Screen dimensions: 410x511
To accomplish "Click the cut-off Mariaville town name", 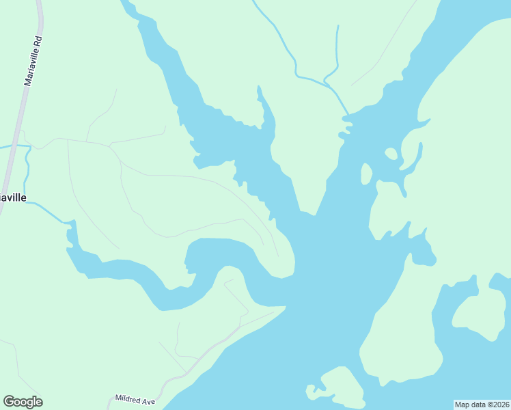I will tap(13, 197).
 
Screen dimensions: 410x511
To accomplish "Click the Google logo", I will tap(23, 402).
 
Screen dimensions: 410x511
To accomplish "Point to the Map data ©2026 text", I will tap(482, 404).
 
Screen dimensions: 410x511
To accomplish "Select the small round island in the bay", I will tap(391, 153).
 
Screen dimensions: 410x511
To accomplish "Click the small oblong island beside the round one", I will tap(366, 174).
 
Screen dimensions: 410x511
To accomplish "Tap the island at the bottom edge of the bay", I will tap(338, 387).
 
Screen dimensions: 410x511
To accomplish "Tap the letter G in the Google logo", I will tap(9, 402).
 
